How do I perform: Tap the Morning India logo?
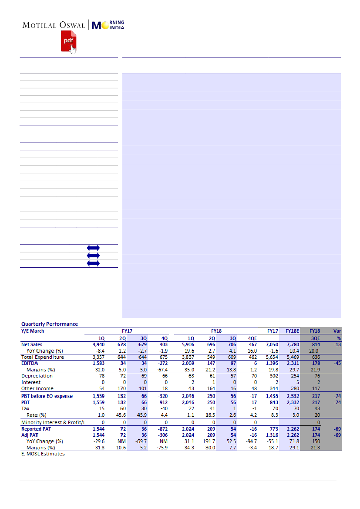point(108,25)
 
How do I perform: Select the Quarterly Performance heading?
point(50,324)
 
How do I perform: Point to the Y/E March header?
point(33,331)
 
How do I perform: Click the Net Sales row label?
point(32,344)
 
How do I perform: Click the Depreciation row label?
point(37,376)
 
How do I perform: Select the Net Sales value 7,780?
point(292,344)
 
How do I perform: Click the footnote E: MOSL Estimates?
point(43,454)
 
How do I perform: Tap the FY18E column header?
point(292,331)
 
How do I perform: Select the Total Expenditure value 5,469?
point(292,357)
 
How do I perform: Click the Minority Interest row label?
point(53,422)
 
